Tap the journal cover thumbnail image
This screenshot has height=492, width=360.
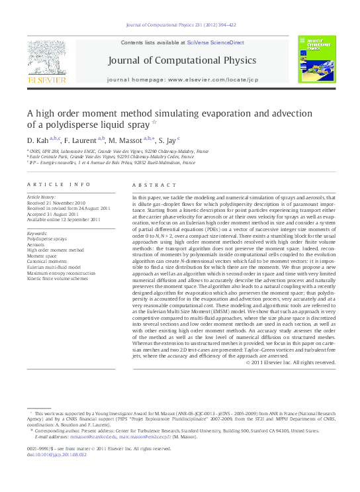(x=316, y=60)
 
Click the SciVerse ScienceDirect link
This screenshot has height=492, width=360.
(x=215, y=42)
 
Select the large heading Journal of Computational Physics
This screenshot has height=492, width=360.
(x=182, y=61)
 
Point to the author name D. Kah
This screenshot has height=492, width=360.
(x=37, y=141)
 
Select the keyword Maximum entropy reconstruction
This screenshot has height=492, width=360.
(x=60, y=273)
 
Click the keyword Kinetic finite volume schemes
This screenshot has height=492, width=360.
(x=57, y=279)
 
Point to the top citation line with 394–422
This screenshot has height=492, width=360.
(x=180, y=25)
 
